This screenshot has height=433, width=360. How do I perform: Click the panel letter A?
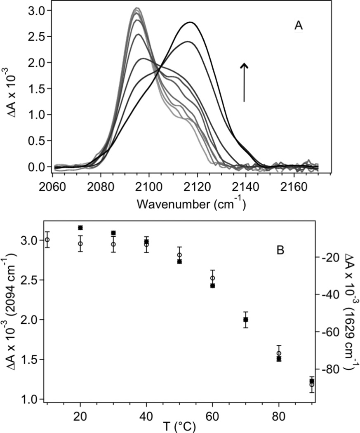point(299,26)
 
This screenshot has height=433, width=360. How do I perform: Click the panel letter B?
point(281,250)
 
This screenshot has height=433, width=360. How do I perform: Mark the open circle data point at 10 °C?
point(47,240)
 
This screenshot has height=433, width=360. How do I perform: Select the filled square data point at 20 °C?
point(80,228)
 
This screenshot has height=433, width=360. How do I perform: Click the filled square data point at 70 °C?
point(246,320)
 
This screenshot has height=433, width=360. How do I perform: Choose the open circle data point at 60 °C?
point(213,278)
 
